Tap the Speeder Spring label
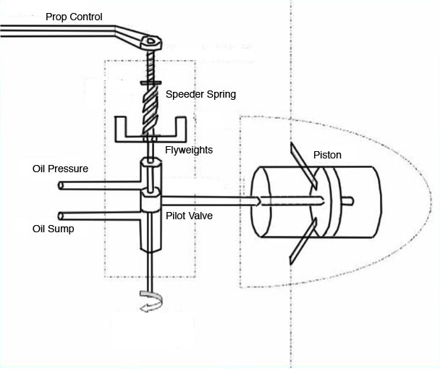pos(200,94)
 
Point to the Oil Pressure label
pos(60,169)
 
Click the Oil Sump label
pos(54,229)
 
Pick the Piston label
pos(327,155)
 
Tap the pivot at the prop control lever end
pos(151,41)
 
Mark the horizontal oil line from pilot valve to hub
pos(210,198)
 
